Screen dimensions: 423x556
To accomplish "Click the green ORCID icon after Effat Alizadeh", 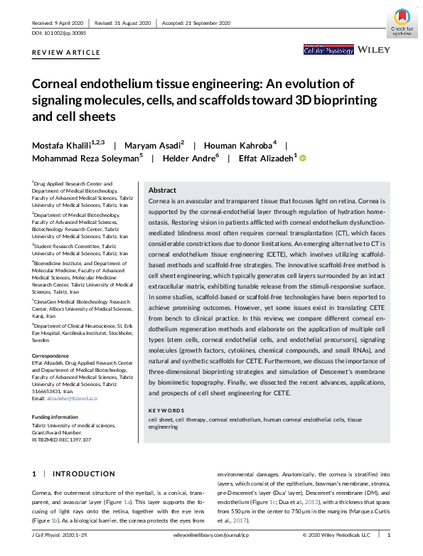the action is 301,158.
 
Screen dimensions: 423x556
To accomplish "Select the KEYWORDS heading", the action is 166,411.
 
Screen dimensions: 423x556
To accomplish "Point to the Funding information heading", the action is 59,417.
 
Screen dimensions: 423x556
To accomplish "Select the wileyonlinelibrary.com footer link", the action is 210,535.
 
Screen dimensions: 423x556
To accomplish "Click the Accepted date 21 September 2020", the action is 199,23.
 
